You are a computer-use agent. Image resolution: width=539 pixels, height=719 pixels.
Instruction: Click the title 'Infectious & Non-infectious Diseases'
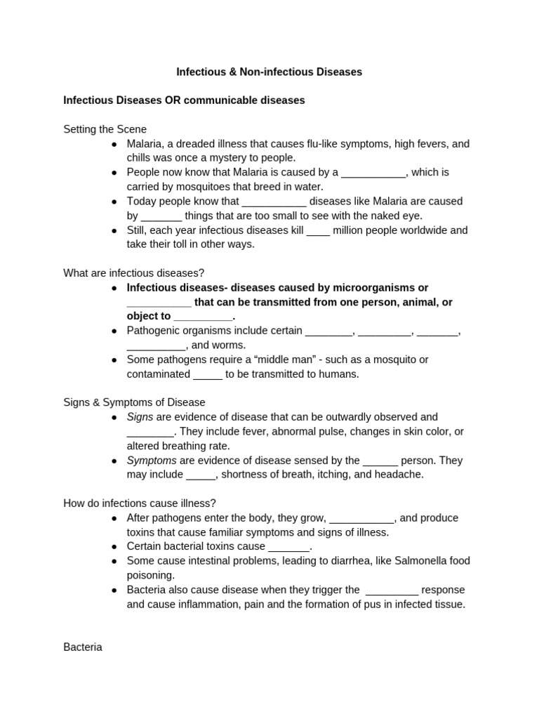tap(269, 72)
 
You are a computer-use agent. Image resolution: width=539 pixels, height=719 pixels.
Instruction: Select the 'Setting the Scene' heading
tap(105, 129)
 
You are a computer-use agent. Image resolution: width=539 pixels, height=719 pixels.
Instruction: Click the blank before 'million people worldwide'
tap(318, 231)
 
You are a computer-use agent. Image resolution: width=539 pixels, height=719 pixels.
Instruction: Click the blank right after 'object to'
tap(202, 317)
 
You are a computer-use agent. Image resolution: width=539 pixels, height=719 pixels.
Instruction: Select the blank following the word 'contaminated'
tap(208, 375)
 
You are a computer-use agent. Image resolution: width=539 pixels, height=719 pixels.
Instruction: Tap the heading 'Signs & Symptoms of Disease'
tap(134, 402)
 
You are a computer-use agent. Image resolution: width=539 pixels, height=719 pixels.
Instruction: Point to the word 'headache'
tap(401, 475)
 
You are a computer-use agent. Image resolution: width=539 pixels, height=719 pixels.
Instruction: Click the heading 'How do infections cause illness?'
tap(140, 503)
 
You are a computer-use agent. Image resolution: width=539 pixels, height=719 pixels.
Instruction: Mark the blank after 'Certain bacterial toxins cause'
tap(289, 547)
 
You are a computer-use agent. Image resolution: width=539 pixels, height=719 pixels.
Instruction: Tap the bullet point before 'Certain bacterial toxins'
tap(114, 546)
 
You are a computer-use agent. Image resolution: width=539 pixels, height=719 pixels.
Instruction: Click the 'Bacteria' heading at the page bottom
tap(83, 647)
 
